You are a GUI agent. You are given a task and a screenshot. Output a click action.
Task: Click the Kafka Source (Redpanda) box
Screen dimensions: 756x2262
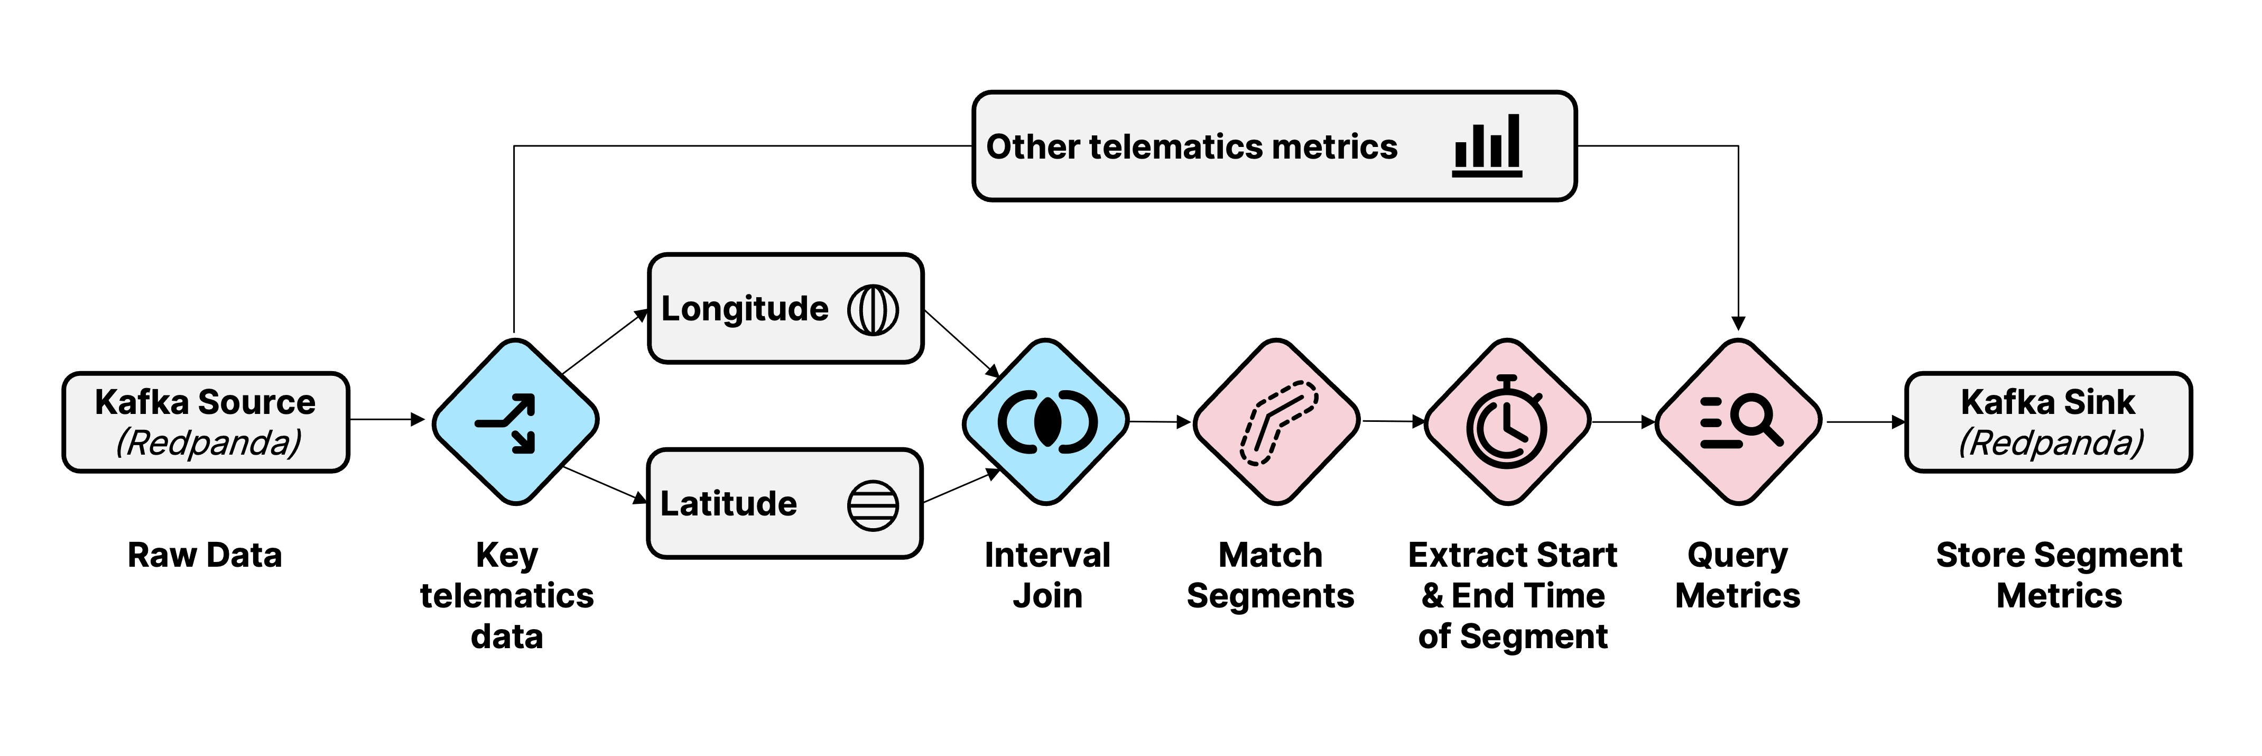(206, 422)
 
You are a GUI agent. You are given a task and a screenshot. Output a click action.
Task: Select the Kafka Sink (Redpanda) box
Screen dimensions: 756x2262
(2048, 422)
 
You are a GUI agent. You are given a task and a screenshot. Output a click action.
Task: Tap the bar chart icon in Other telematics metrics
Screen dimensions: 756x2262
(1487, 146)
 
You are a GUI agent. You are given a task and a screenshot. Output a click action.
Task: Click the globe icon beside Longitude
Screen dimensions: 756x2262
(873, 310)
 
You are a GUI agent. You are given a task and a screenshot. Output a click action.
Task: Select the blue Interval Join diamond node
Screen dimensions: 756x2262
(1046, 421)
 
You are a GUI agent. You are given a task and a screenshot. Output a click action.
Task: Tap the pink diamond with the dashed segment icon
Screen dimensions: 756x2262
(1277, 421)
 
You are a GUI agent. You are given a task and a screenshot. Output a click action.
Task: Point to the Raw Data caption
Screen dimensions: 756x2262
(205, 555)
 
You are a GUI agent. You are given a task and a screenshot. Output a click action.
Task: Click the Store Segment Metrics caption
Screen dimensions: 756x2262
(2059, 575)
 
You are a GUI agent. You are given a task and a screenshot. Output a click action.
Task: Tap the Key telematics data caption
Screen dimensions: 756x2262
(507, 595)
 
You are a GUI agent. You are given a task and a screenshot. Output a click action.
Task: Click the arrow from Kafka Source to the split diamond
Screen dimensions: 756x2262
(386, 420)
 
